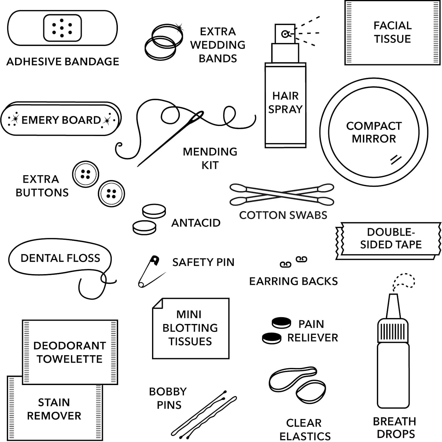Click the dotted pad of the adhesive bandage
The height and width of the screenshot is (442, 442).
coord(62,28)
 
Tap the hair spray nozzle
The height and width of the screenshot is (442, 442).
coord(285,34)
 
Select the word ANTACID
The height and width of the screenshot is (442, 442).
coord(196,223)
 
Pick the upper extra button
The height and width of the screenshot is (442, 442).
coord(85,174)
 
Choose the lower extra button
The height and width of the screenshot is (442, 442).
coord(111,194)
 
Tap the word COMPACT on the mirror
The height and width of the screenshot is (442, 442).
coord(374,126)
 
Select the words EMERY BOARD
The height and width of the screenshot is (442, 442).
coord(61,120)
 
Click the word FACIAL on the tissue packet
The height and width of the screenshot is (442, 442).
coord(392,26)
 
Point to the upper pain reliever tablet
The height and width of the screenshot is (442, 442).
coord(281,323)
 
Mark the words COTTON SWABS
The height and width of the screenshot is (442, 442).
coord(283,215)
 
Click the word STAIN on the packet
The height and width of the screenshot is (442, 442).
coord(54,402)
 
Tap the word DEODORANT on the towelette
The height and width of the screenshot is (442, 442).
coord(70,346)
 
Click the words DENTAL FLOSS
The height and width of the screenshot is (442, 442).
coord(60,258)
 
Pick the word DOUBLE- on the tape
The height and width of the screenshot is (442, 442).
coord(391,232)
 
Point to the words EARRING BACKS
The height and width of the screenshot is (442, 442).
coord(293,281)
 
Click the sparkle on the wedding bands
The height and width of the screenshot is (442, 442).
coord(179,28)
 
